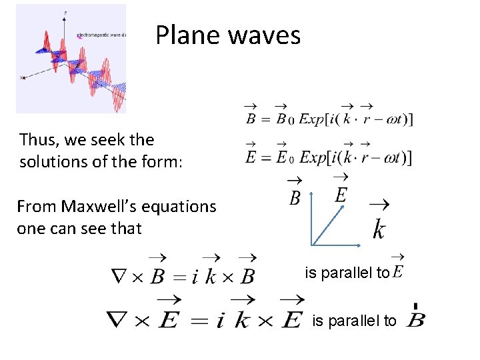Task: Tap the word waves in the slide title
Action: point(265,35)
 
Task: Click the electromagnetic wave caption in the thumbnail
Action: point(100,34)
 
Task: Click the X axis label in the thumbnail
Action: point(22,78)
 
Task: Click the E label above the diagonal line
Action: point(340,195)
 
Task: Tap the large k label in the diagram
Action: point(378,229)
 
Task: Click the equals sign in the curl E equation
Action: point(200,322)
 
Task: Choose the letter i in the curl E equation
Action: point(220,321)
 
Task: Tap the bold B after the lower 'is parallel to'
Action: point(414,320)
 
